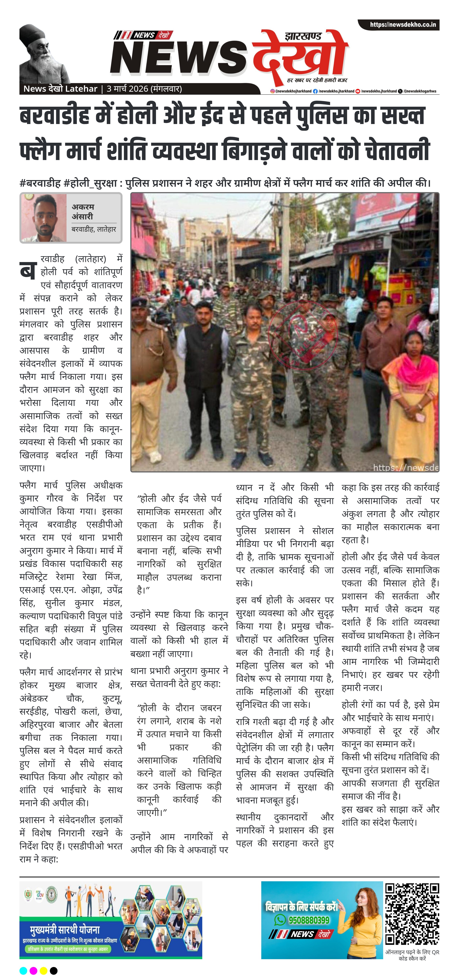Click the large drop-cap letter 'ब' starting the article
pos(28,269)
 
